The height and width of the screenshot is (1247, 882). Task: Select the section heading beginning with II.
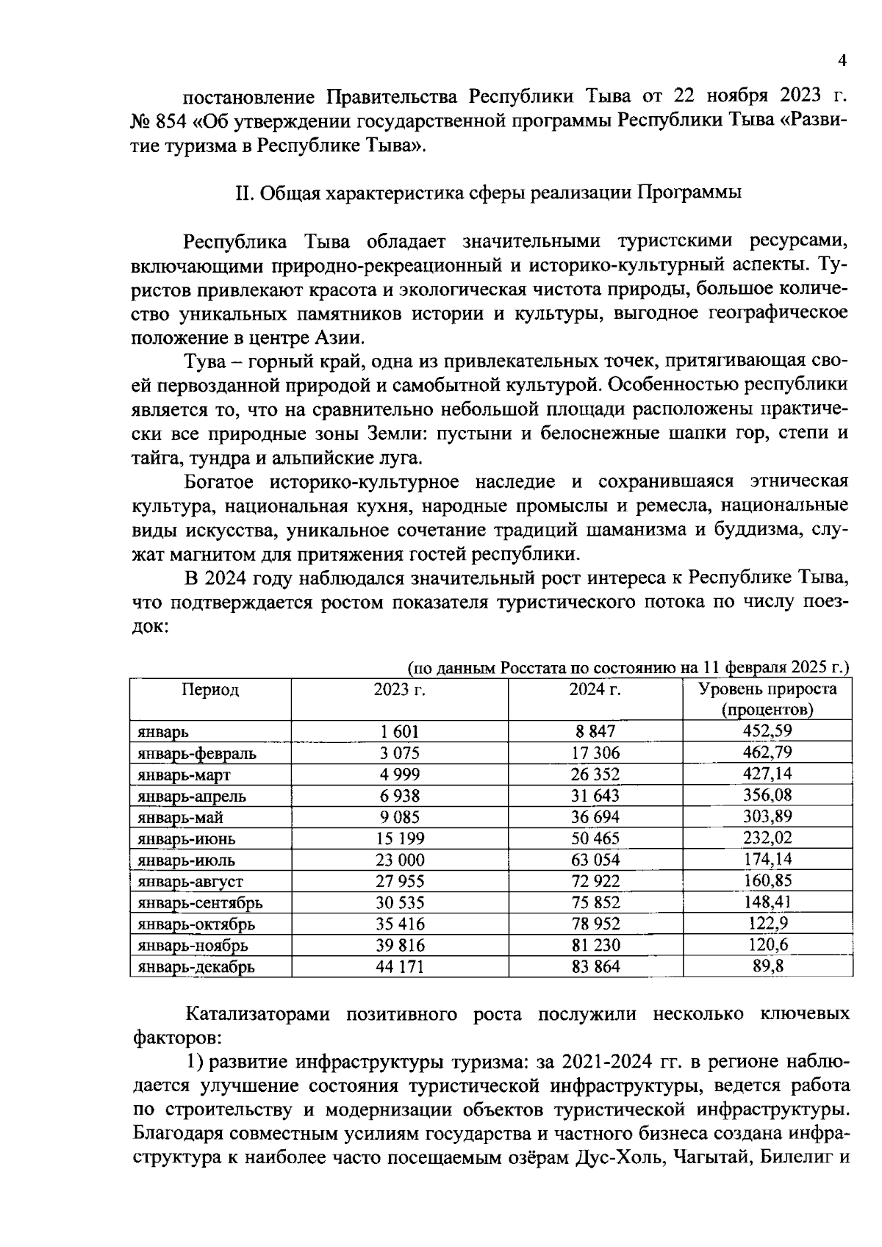[487, 193]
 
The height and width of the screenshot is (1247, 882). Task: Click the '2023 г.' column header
[400, 690]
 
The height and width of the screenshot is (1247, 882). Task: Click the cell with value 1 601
[400, 732]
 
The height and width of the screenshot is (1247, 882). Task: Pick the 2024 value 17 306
[595, 753]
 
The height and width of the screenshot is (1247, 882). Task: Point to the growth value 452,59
[767, 731]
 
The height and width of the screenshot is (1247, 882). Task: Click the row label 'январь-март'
[184, 775]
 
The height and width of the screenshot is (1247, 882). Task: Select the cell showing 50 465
[595, 838]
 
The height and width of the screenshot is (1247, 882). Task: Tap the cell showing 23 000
[400, 860]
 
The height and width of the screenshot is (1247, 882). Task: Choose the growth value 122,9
[767, 924]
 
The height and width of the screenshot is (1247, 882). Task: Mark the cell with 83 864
[595, 967]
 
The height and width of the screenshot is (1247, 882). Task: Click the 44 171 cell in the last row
[400, 967]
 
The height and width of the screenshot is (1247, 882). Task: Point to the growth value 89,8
[767, 966]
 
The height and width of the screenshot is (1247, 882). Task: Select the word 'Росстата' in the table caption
[531, 669]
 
